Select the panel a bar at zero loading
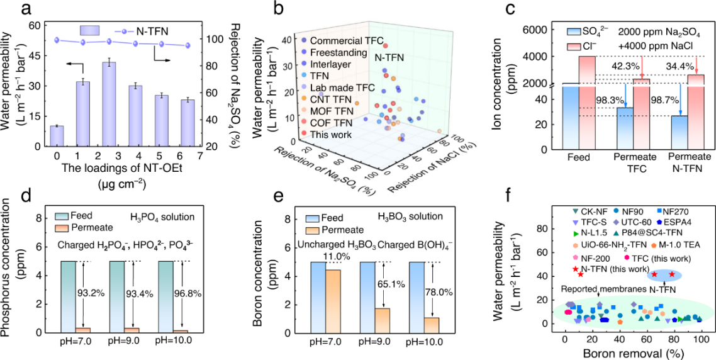tap(57, 136)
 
